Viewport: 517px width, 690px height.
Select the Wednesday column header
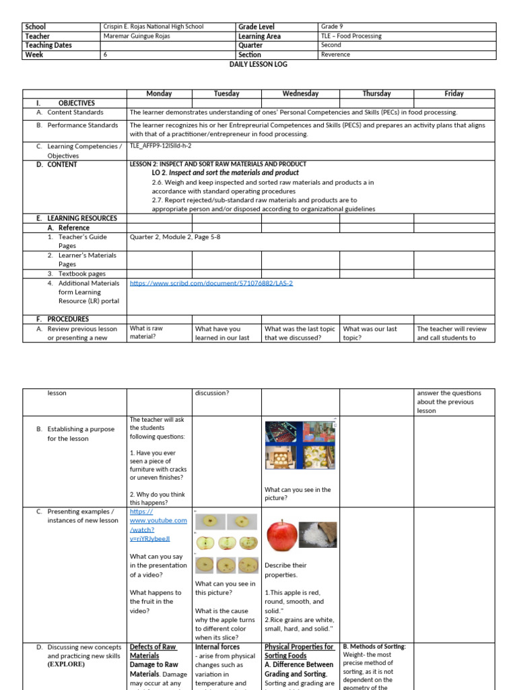(x=300, y=94)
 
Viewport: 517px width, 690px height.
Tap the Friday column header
(x=454, y=94)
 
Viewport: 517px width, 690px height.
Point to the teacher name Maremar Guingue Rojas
(x=141, y=36)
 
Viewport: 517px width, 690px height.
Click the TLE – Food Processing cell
(x=351, y=36)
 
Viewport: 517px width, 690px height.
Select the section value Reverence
(x=336, y=55)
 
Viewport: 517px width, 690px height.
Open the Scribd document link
(x=211, y=283)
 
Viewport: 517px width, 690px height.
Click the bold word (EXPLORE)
(x=66, y=664)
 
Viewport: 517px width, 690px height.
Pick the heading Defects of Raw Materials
(x=153, y=651)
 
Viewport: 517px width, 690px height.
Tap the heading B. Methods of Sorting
(x=374, y=647)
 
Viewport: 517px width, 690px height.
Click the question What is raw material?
(x=146, y=333)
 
